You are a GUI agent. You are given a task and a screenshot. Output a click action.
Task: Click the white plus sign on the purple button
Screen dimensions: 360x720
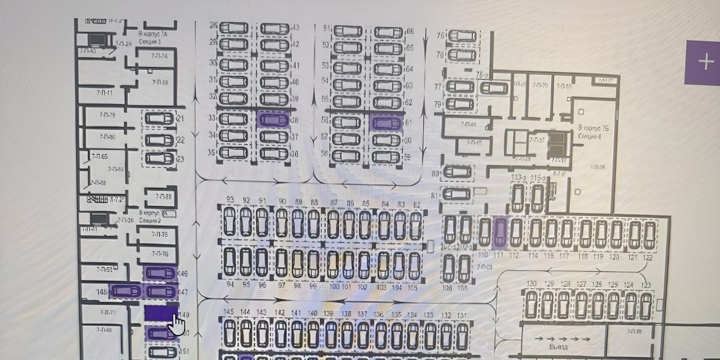pyautogui.click(x=706, y=61)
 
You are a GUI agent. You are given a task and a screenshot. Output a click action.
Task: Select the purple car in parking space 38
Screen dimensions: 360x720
pyautogui.click(x=273, y=120)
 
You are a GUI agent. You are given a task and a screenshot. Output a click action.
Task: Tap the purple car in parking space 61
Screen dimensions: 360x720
pyautogui.click(x=387, y=123)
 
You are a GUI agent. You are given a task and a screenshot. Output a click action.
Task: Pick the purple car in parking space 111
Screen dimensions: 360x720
pyautogui.click(x=500, y=232)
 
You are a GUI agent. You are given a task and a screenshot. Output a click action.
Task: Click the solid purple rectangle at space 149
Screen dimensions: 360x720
pyautogui.click(x=160, y=313)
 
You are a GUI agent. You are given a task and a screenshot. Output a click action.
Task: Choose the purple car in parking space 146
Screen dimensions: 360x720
pyautogui.click(x=160, y=273)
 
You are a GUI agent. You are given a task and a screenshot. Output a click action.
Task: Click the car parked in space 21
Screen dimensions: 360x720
pyautogui.click(x=159, y=119)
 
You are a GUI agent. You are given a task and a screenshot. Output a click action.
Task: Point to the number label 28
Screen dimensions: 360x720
pyautogui.click(x=213, y=26)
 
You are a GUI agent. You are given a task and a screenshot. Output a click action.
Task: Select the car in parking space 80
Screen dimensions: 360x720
pyautogui.click(x=457, y=172)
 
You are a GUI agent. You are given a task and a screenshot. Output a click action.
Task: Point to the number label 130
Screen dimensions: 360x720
pyautogui.click(x=531, y=283)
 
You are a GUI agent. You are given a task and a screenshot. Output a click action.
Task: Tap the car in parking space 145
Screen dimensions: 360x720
pyautogui.click(x=229, y=333)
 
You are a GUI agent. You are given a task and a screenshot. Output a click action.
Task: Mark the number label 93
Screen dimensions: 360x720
pyautogui.click(x=229, y=200)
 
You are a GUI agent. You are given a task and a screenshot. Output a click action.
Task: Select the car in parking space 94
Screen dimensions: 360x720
pyautogui.click(x=229, y=262)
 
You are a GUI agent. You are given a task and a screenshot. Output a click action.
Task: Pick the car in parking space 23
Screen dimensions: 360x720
pyautogui.click(x=159, y=159)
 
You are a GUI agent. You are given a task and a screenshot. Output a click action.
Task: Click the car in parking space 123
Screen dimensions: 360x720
pyautogui.click(x=646, y=305)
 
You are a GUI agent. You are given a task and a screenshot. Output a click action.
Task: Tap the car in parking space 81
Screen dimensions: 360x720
pyautogui.click(x=456, y=195)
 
